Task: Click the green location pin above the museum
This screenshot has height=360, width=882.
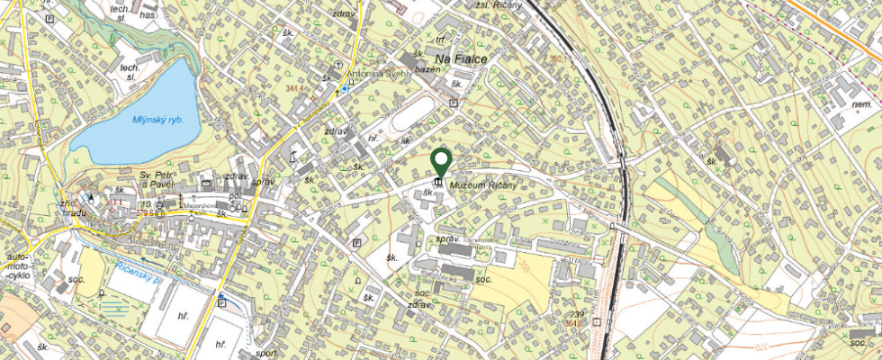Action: click(x=441, y=161)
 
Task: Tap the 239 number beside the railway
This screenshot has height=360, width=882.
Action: click(x=577, y=312)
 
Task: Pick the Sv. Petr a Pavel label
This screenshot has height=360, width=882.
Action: click(x=156, y=176)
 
